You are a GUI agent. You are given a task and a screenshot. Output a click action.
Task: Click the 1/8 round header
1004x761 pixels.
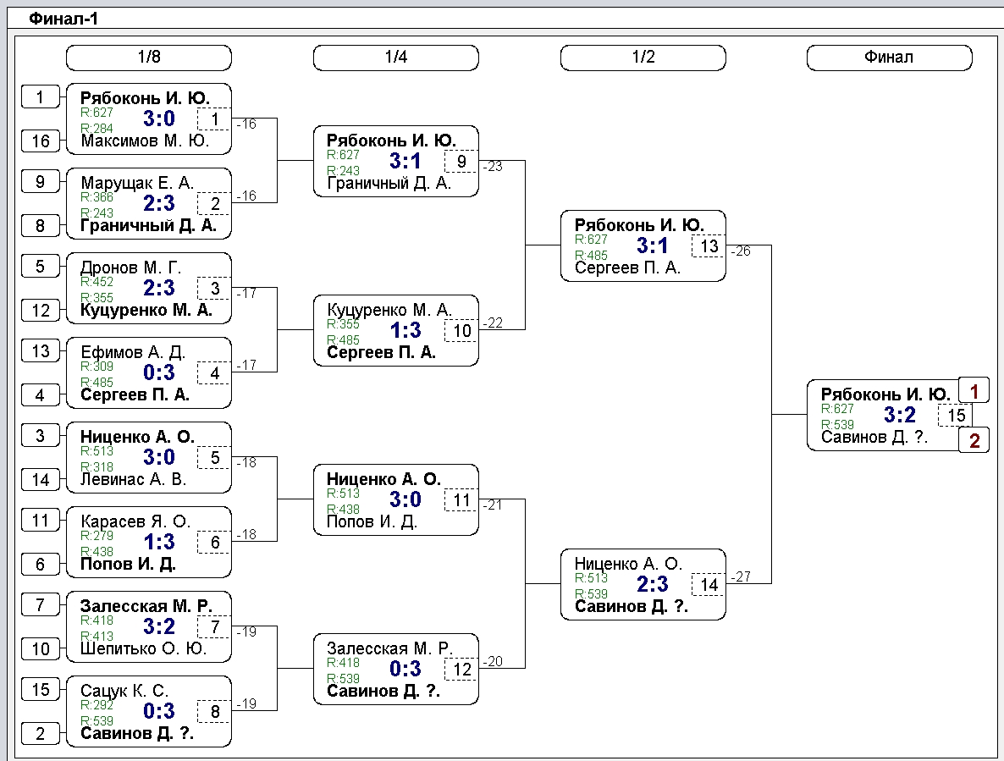[148, 58]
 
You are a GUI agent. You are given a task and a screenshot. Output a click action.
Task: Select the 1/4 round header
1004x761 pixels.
[395, 58]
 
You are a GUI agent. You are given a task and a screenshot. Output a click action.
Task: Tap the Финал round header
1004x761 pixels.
[890, 58]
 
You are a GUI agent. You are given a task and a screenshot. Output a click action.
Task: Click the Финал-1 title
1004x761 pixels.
[63, 19]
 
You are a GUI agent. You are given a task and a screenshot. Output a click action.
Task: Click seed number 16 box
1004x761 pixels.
[41, 141]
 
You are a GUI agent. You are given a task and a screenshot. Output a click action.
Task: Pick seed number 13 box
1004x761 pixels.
[41, 350]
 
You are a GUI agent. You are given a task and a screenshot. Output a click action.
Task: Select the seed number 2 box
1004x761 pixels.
[41, 733]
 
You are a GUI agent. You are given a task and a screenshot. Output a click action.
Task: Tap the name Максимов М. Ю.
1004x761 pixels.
[145, 141]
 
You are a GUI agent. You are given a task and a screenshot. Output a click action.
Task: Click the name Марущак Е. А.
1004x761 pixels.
[137, 183]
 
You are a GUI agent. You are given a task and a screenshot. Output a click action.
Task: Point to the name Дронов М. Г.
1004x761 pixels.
[130, 267]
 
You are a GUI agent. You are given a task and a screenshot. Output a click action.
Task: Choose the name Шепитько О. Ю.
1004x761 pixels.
[143, 648]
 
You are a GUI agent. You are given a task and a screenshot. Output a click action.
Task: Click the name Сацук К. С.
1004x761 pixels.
[124, 691]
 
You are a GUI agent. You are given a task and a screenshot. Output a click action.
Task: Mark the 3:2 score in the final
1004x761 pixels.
[900, 415]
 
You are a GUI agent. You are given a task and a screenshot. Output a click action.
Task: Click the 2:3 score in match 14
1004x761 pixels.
[653, 584]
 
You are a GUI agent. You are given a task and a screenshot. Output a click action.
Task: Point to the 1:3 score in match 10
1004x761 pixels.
[405, 330]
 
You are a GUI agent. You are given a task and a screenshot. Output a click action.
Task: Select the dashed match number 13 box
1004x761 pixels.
[709, 246]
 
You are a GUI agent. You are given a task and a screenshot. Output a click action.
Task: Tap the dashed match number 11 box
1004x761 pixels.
[461, 500]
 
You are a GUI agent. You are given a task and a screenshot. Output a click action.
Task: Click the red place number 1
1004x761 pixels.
[974, 391]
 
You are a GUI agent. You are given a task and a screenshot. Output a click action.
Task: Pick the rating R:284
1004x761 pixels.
[97, 128]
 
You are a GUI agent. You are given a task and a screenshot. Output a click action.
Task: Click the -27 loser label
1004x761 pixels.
[741, 576]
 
